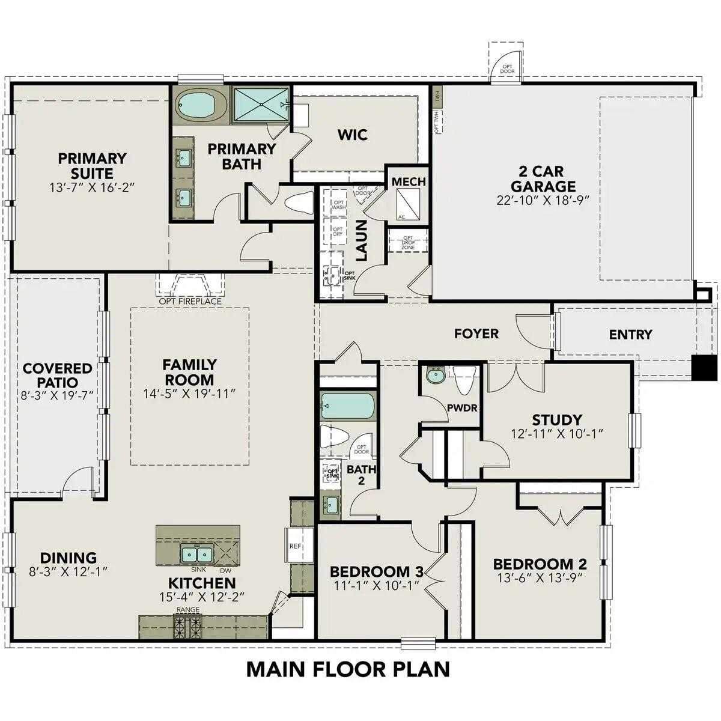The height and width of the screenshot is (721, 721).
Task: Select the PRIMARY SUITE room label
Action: point(92,166)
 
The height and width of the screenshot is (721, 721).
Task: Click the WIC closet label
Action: point(352,135)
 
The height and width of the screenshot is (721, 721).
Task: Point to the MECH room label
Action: point(409,181)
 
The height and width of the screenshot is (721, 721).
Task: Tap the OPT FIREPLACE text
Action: point(190,301)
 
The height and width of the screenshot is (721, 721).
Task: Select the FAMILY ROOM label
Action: point(189,372)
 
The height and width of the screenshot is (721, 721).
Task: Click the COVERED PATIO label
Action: point(57,375)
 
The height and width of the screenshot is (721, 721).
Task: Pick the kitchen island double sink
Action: point(196,553)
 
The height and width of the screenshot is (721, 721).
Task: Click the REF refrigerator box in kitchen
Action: point(296,546)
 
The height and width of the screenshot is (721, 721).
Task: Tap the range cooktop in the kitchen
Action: point(187,627)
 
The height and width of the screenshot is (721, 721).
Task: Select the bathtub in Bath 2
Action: point(347,406)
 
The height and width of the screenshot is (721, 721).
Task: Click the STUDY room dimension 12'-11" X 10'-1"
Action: point(556,433)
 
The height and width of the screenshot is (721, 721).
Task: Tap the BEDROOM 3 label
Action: point(377,571)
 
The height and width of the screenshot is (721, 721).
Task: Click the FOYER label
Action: point(476,333)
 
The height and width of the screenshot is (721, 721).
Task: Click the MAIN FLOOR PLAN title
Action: point(348,669)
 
